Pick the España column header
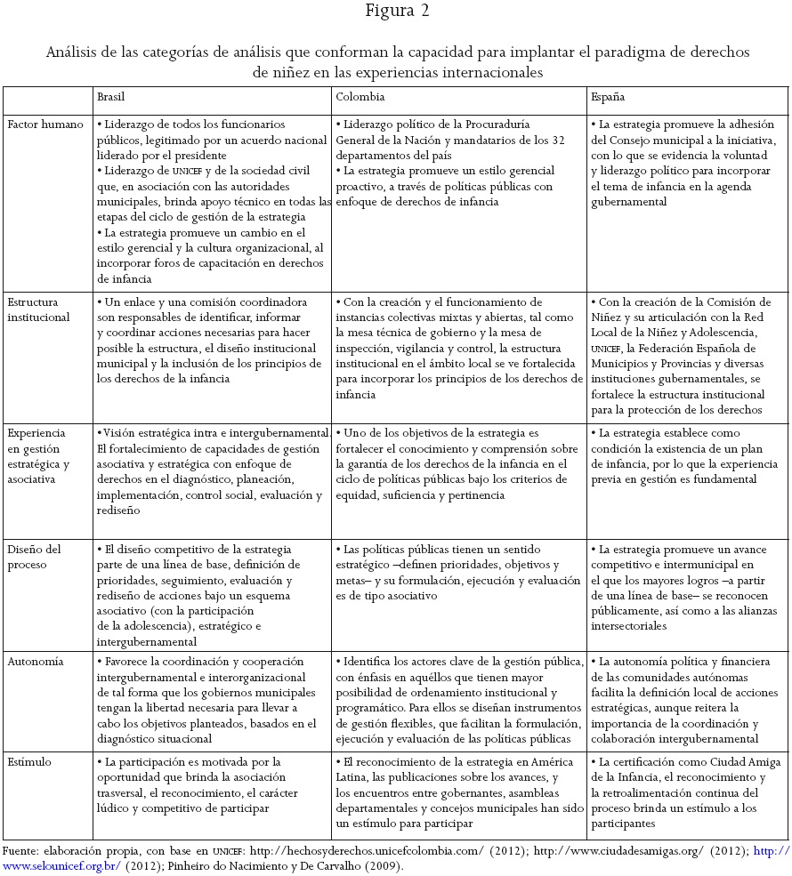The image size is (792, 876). [x=607, y=97]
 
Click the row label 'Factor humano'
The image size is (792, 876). [x=45, y=125]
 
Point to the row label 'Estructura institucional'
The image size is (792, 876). [x=38, y=309]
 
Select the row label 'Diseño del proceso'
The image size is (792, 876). [x=36, y=557]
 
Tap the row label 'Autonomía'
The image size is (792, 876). [x=36, y=662]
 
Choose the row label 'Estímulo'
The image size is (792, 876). [x=29, y=762]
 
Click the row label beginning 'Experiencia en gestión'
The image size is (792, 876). [x=38, y=455]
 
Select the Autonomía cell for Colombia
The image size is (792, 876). [x=458, y=701]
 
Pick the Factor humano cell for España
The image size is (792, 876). [x=685, y=164]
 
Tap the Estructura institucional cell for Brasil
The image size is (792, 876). [x=212, y=341]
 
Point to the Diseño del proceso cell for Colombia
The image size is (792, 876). [x=458, y=573]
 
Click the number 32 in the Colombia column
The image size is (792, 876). [x=558, y=140]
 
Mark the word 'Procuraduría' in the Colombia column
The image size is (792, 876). [x=491, y=125]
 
